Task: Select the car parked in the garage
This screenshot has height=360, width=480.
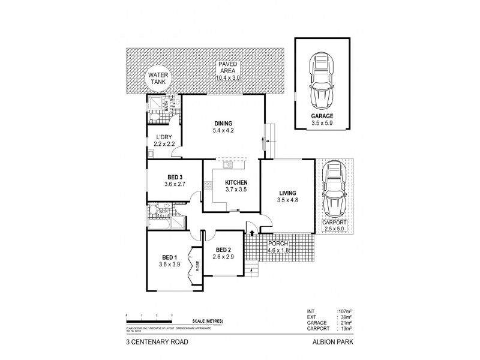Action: click(322, 79)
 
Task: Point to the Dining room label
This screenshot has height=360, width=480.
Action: click(221, 123)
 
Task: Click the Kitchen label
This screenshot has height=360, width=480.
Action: click(236, 182)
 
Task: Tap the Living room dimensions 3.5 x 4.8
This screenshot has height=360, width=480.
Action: click(287, 200)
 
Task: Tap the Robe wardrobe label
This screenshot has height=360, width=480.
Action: click(196, 265)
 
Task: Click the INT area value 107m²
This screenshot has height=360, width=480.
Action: click(344, 311)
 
